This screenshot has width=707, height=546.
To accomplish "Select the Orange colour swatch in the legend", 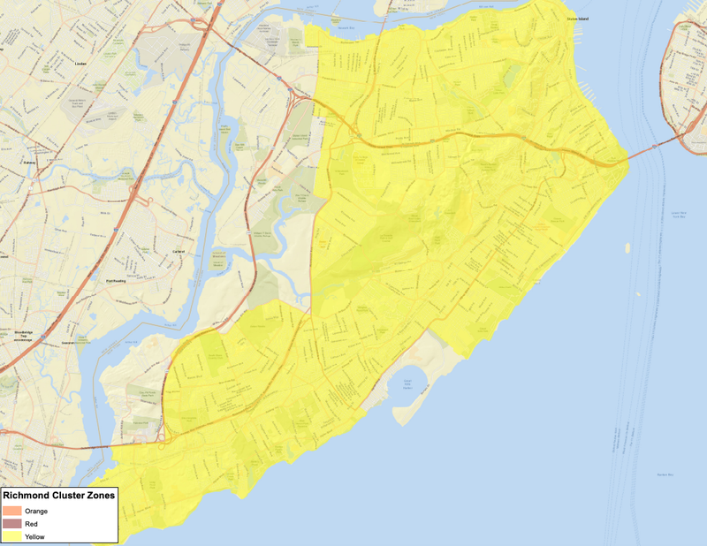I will tap(12, 511).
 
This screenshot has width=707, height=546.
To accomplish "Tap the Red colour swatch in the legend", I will tap(12, 524).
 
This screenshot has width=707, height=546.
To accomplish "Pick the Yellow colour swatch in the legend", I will tap(12, 536).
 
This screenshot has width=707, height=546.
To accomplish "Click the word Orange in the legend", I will tap(36, 511).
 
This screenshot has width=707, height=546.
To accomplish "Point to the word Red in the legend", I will tap(31, 524).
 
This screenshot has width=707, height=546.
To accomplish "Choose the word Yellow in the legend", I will tap(34, 536).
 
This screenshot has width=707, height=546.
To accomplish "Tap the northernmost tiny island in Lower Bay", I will tap(627, 246).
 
